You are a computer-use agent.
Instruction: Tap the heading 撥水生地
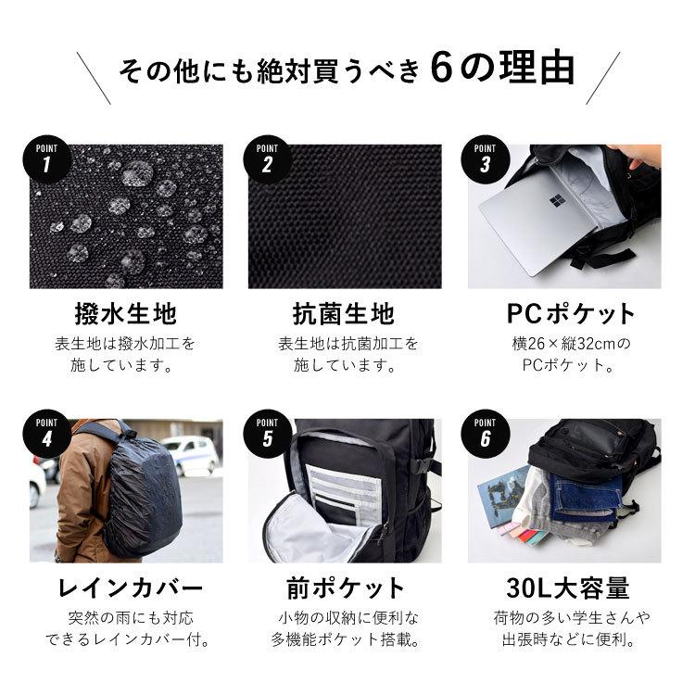tap(125, 313)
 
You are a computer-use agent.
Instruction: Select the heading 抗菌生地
tap(347, 313)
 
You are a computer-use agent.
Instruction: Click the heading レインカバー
tap(125, 588)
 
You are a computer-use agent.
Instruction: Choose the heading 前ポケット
tap(347, 588)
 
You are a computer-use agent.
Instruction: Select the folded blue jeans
tap(586, 500)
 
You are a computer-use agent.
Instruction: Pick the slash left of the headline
tap(95, 78)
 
